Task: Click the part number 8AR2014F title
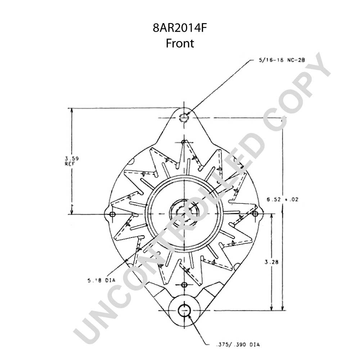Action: (x=180, y=28)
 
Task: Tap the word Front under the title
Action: (x=180, y=43)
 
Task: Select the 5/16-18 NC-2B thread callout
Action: (x=282, y=60)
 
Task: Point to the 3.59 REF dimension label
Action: (x=71, y=161)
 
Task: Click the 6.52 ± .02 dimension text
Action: (x=282, y=199)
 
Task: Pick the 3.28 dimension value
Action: (x=271, y=262)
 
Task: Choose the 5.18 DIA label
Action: (x=101, y=280)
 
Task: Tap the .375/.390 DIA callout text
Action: (x=238, y=345)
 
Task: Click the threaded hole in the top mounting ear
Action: (x=184, y=118)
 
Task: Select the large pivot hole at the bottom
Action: (x=184, y=310)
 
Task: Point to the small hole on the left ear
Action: (x=112, y=214)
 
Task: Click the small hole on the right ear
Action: (x=255, y=214)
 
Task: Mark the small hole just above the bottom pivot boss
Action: (x=184, y=285)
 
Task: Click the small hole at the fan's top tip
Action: (x=184, y=142)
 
